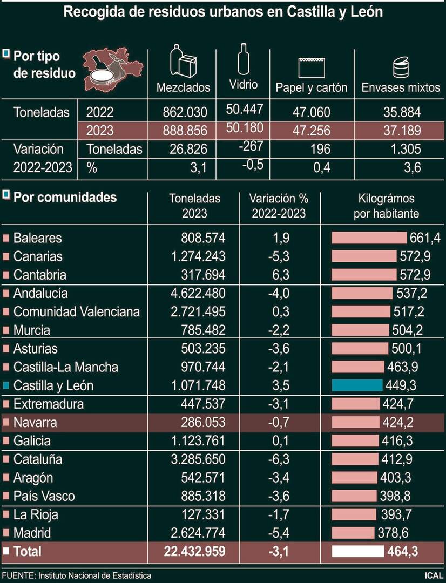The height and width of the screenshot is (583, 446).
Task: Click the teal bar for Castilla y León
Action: click(x=357, y=385)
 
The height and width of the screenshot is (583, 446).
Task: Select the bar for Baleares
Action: click(x=368, y=238)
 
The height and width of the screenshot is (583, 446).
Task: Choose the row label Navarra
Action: click(x=35, y=422)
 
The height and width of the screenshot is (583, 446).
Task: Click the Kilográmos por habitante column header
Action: click(x=386, y=206)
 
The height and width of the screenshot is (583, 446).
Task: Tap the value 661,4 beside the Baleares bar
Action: click(x=420, y=238)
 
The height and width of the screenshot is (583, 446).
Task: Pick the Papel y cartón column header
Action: click(x=312, y=87)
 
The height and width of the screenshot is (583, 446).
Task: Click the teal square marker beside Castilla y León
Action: click(x=6, y=385)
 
